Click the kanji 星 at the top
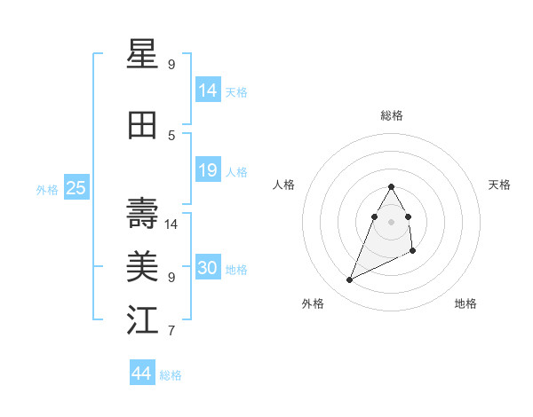click(x=143, y=55)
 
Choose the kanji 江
click(x=143, y=320)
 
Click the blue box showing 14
click(x=208, y=90)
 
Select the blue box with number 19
click(x=208, y=170)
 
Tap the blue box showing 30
click(x=208, y=268)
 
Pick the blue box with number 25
click(x=76, y=187)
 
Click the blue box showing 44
click(x=142, y=374)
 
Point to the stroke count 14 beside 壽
click(x=171, y=224)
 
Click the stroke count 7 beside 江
click(x=171, y=331)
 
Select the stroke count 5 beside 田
click(x=171, y=135)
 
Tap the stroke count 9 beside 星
click(x=171, y=65)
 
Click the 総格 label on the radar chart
click(x=392, y=115)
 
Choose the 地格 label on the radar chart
click(x=465, y=303)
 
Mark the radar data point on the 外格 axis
click(x=349, y=280)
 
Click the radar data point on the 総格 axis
click(x=391, y=186)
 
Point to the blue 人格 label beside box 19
click(x=236, y=171)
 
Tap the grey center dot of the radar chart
click(x=391, y=221)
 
